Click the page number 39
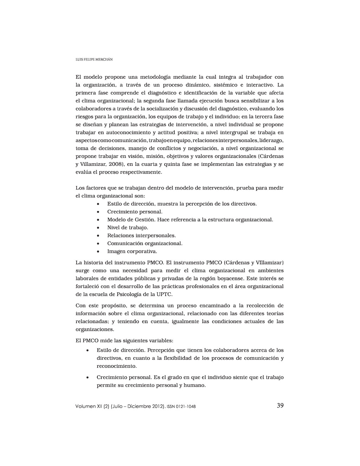pos(280,406)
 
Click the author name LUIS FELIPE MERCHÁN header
pos(94,59)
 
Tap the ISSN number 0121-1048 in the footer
pos(186,407)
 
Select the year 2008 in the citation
pos(115,164)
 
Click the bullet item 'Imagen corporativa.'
pos(132,251)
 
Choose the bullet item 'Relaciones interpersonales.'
pos(141,236)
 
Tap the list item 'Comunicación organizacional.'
pos(145,243)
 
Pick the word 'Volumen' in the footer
pos(85,406)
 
